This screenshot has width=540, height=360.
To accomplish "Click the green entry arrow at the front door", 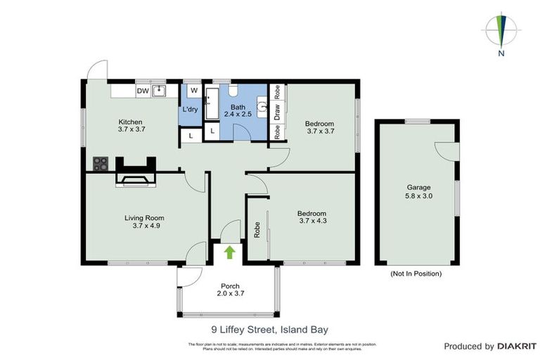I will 229,252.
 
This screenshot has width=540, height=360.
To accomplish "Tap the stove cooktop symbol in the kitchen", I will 101,164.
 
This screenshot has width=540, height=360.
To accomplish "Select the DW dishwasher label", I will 143,91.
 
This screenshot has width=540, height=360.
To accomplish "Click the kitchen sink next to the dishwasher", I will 160,91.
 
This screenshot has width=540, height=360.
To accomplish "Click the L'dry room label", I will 190,110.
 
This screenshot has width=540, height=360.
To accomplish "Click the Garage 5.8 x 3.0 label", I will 418,192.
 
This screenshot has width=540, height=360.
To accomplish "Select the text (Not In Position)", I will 416,273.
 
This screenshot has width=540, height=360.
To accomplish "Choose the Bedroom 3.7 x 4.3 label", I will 311,217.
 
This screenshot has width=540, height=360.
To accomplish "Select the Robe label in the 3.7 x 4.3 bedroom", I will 257,229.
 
